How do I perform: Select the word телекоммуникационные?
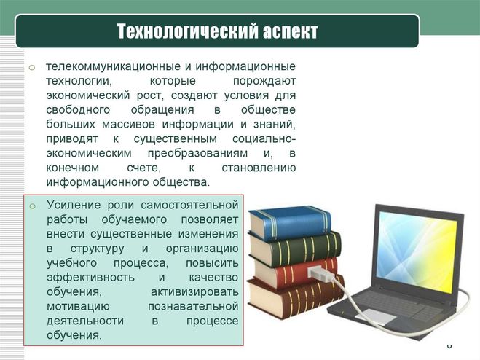pyautogui.click(x=112, y=66)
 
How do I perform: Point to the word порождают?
pyautogui.click(x=264, y=82)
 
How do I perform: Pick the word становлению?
pyautogui.click(x=259, y=168)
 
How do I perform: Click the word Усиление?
pyautogui.click(x=74, y=205)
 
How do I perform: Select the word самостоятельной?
pyautogui.click(x=189, y=205)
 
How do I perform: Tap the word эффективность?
pyautogui.click(x=90, y=278)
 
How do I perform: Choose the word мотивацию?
pyautogui.click(x=78, y=307)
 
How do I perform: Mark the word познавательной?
pyautogui.click(x=193, y=306)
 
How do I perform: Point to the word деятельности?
pyautogui.click(x=85, y=321)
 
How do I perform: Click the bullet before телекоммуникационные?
pyautogui.click(x=32, y=67)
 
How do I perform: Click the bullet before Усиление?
pyautogui.click(x=33, y=206)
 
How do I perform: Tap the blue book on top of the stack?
pyautogui.click(x=290, y=223)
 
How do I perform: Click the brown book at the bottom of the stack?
pyautogui.click(x=296, y=298)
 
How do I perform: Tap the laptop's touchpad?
pyautogui.click(x=375, y=316)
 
